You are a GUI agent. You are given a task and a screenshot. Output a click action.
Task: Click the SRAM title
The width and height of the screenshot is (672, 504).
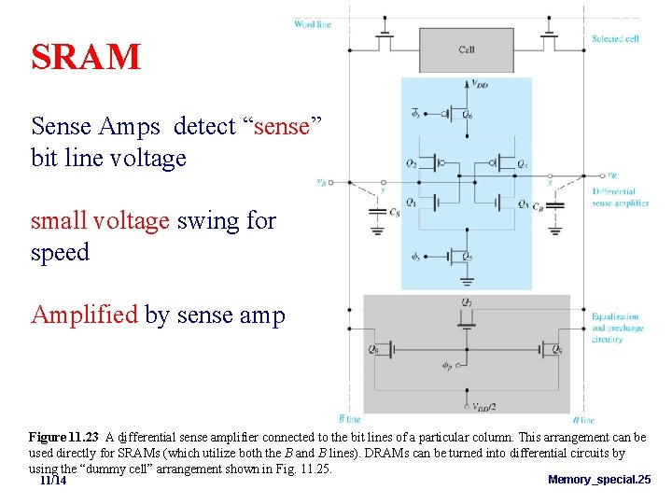(86, 58)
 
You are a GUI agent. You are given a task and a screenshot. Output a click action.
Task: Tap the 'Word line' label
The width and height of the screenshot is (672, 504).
(312, 23)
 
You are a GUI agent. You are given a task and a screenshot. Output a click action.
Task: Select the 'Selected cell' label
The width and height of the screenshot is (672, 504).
(615, 39)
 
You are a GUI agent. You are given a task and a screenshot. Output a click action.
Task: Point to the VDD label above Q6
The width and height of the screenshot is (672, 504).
(479, 85)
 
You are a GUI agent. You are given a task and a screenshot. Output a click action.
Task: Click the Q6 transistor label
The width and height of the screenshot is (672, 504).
(467, 114)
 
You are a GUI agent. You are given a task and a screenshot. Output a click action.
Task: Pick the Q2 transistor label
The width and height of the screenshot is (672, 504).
(412, 163)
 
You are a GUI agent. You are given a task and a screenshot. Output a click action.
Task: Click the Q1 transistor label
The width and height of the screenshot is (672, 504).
(412, 201)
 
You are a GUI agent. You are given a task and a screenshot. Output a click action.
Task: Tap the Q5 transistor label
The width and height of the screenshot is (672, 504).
(467, 256)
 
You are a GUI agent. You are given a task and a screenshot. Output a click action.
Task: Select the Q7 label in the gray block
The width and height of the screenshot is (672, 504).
(467, 301)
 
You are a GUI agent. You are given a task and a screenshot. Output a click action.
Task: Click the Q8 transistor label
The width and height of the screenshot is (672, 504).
(374, 350)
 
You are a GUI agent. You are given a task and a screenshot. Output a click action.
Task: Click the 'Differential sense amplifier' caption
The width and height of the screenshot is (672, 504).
(620, 197)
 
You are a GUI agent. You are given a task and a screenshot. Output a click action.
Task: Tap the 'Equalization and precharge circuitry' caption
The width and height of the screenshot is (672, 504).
(617, 328)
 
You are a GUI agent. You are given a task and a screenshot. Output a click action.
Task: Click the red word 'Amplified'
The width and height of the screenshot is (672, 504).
(85, 315)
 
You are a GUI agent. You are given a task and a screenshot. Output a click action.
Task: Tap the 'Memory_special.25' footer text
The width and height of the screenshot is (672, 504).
(599, 480)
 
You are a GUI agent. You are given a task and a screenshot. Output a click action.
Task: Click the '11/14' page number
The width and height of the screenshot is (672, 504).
(53, 480)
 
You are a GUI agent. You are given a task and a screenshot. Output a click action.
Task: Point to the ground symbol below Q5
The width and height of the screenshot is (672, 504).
(467, 280)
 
